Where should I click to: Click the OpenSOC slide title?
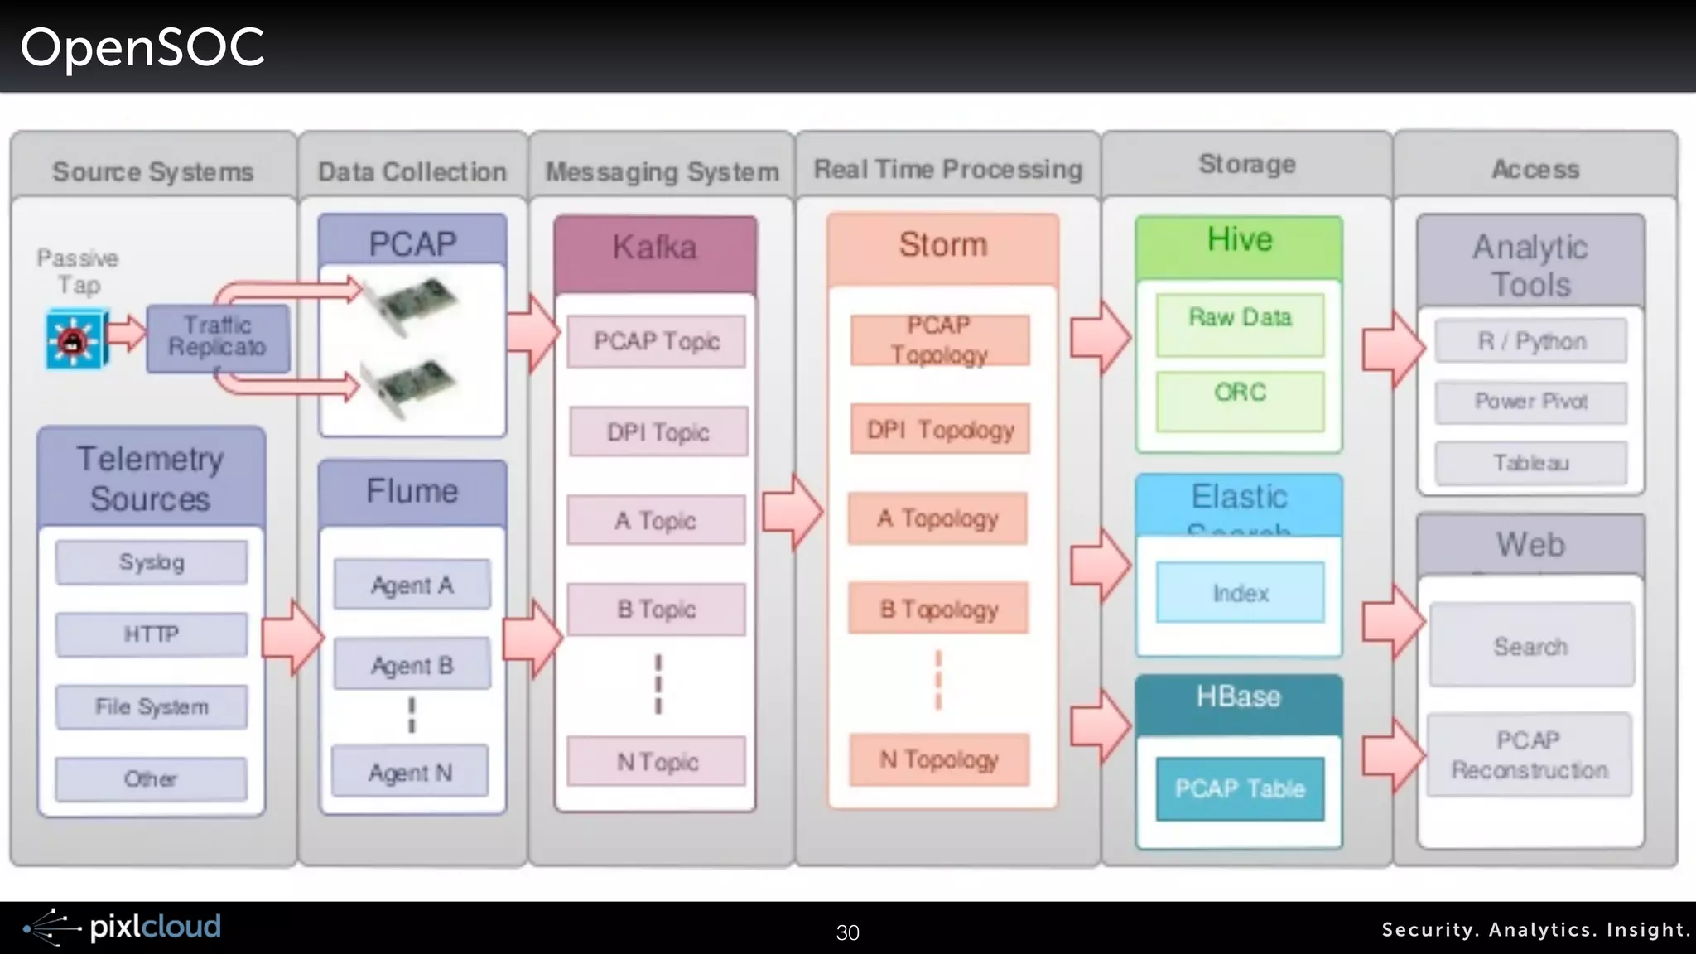tap(142, 47)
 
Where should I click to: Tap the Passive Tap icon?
tap(76, 339)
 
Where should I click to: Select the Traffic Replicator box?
tap(218, 337)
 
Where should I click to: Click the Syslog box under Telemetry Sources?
tap(152, 562)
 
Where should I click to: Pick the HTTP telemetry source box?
tap(152, 634)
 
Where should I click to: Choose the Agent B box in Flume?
tap(412, 665)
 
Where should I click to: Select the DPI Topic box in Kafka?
tap(658, 431)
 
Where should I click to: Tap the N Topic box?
tap(657, 761)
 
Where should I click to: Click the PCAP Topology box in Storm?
tap(939, 340)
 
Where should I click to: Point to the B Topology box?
tap(938, 609)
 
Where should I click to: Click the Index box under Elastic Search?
tap(1240, 593)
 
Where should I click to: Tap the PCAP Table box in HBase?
tap(1240, 788)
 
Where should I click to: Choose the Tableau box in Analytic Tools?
tap(1530, 462)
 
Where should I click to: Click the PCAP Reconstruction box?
tap(1530, 754)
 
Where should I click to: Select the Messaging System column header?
tap(662, 171)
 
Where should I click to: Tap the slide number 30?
tap(847, 932)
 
